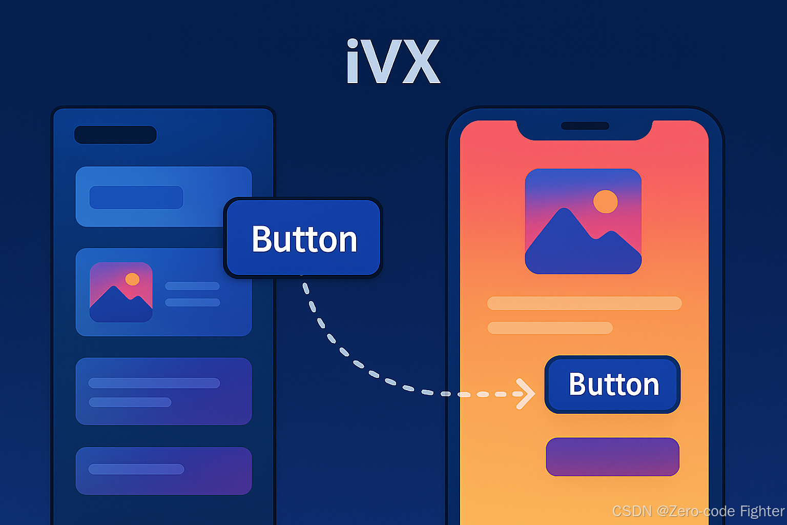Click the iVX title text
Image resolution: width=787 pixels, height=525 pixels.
[x=393, y=62]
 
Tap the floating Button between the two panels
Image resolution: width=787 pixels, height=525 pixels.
[x=303, y=238]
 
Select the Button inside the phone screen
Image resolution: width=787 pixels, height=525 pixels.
[x=613, y=385]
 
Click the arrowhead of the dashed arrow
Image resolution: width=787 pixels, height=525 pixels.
[x=527, y=394]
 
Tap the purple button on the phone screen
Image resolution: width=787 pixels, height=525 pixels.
[x=613, y=456]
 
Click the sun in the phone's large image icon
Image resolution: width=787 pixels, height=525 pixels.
[x=605, y=201]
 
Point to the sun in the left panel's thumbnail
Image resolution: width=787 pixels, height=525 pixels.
[x=132, y=279]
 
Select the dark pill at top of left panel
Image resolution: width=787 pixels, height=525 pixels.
[x=115, y=135]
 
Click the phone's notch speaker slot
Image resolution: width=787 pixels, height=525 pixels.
[x=585, y=126]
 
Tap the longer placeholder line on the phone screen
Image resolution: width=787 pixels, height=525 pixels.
[x=584, y=303]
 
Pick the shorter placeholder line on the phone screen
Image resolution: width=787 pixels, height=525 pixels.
[x=550, y=328]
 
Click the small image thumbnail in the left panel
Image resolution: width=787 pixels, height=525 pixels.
[x=121, y=292]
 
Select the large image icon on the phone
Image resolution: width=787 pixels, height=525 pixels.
[x=583, y=221]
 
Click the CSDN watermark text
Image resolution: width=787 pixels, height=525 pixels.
[x=698, y=511]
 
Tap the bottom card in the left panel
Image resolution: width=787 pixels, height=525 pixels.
[x=163, y=471]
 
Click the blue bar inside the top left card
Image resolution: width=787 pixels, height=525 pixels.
[x=136, y=197]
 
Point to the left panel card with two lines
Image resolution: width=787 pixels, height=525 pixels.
[x=163, y=391]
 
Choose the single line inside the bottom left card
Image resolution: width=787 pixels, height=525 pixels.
[x=136, y=469]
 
